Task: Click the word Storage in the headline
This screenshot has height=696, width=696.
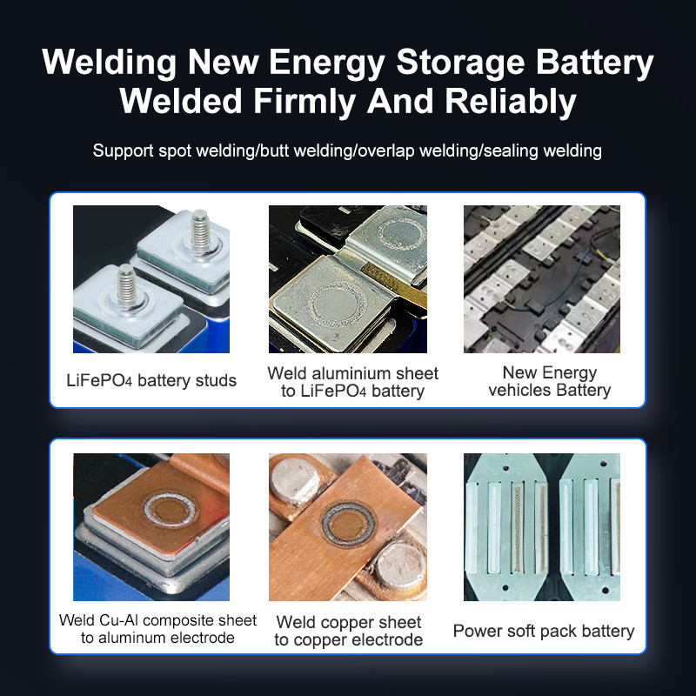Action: point(460,62)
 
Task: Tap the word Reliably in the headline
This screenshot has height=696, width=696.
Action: point(510,102)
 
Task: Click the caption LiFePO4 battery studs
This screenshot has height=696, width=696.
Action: point(151,380)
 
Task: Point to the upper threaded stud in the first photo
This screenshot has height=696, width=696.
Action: point(200,231)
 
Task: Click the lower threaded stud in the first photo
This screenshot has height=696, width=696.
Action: point(127,285)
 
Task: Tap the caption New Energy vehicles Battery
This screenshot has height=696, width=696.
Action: point(550,381)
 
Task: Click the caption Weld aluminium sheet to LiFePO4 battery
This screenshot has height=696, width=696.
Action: point(353,382)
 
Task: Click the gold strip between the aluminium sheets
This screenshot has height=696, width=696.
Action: point(393,284)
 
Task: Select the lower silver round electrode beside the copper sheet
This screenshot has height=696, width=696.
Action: point(399,565)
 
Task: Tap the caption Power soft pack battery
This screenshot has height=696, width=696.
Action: point(544,631)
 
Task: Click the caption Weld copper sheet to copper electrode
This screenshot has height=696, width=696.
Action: point(349,632)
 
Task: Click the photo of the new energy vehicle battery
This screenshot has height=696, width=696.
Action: point(542,278)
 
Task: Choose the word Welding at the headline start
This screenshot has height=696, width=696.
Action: point(110,63)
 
